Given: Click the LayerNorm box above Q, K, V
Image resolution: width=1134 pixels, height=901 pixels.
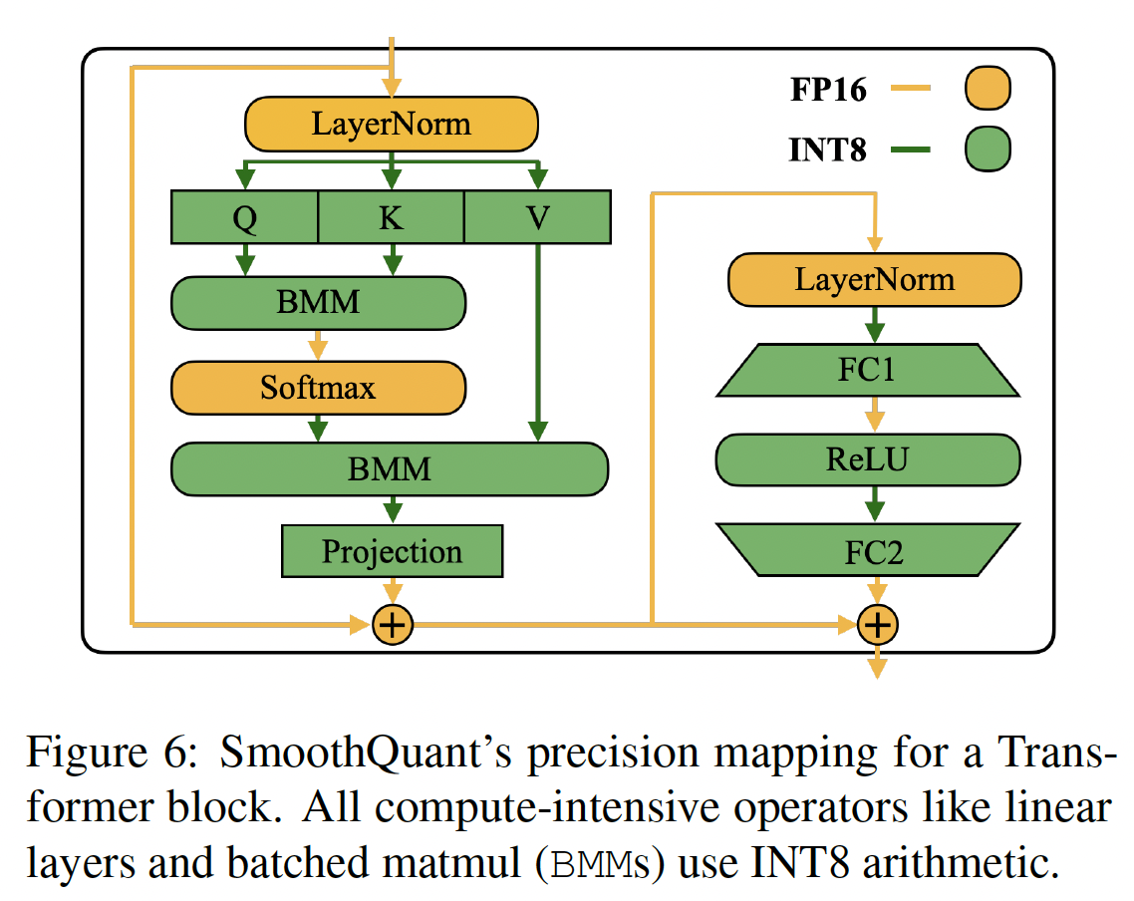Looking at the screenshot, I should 392,124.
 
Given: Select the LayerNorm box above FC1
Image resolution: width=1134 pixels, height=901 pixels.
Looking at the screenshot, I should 874,279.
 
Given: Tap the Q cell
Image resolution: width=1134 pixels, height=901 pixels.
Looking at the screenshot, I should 245,218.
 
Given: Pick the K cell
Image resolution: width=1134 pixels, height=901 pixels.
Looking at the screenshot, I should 391,218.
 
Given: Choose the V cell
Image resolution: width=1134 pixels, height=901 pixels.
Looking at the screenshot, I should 537,218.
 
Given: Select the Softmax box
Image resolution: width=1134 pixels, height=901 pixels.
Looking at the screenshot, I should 318,387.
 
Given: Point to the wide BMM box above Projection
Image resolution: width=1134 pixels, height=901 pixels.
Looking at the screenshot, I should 390,468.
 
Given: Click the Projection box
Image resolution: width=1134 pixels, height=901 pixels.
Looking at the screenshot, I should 392,551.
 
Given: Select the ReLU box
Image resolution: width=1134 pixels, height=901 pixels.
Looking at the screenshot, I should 868,459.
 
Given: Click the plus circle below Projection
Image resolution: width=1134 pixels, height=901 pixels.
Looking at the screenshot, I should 392,626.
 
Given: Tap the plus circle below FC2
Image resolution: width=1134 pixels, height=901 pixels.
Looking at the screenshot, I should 877,626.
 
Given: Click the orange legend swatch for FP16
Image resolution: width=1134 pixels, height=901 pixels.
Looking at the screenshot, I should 987,90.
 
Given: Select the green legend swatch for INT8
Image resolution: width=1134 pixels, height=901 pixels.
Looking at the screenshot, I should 987,150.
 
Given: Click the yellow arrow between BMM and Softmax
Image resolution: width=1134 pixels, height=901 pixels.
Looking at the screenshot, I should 318,345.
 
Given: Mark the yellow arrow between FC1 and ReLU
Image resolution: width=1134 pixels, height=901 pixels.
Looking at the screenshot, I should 874,415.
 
